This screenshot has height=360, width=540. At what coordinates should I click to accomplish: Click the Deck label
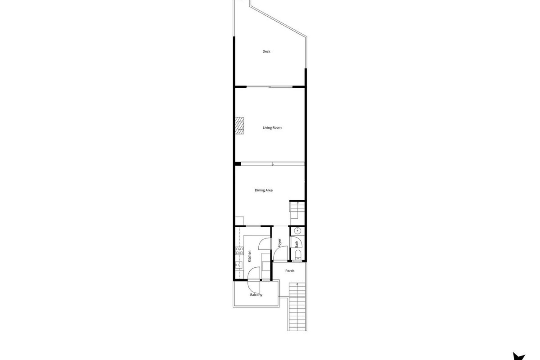point(266,51)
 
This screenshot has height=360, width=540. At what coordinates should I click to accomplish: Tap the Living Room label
point(272,128)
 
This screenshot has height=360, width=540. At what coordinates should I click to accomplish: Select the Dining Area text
point(264,190)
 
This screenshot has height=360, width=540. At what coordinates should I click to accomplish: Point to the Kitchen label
point(249,256)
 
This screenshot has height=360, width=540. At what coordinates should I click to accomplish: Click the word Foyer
point(280,243)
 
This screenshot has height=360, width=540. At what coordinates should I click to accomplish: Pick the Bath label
point(297,244)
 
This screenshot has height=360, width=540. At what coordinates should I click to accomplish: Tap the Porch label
point(290,271)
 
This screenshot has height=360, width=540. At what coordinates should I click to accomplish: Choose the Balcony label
point(256,295)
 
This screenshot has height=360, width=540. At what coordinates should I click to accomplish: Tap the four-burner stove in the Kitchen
point(240,251)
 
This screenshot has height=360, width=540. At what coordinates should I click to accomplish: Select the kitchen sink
point(239,265)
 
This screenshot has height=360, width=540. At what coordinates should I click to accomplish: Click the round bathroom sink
point(297,231)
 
